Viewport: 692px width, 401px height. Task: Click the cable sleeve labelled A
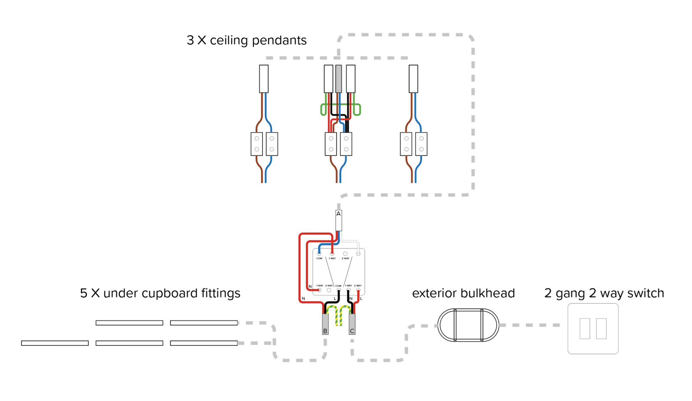click(339, 220)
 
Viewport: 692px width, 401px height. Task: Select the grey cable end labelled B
click(325, 324)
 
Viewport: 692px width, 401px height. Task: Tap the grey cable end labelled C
click(352, 324)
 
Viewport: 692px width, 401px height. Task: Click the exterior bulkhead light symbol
click(468, 325)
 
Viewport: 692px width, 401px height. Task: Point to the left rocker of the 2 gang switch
click(585, 328)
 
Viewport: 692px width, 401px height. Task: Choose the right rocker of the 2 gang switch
click(601, 328)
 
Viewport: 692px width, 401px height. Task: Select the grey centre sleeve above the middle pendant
click(339, 79)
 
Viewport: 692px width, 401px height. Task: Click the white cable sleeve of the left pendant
click(264, 79)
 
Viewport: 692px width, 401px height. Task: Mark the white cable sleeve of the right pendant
click(413, 79)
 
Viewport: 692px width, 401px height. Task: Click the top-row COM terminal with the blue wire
click(319, 254)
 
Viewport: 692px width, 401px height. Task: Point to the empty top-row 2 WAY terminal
click(345, 254)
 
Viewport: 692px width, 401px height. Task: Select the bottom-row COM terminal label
click(338, 286)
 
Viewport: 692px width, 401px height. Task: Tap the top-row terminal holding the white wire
click(358, 254)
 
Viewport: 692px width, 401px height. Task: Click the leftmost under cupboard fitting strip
click(55, 343)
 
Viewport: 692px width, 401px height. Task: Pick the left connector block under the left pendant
click(256, 144)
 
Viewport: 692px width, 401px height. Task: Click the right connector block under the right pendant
click(421, 144)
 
